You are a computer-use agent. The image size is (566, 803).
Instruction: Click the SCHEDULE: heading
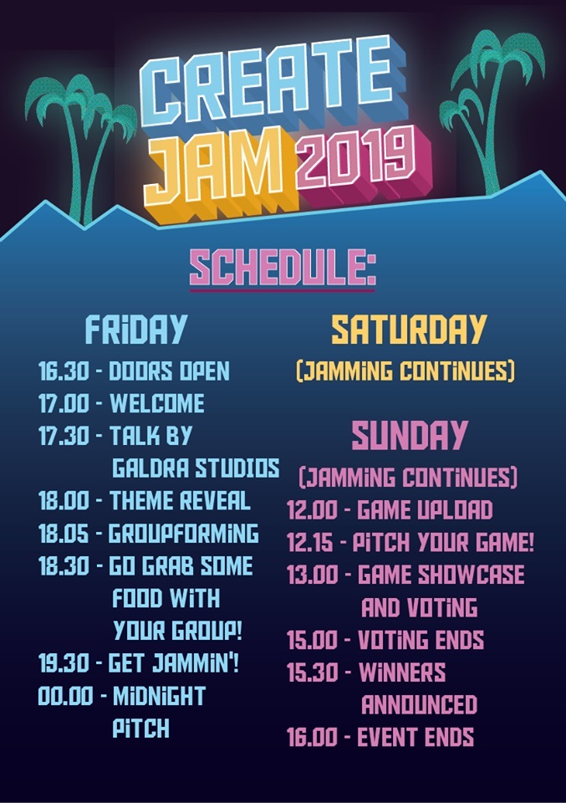[283, 268]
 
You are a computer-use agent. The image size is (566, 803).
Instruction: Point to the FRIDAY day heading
[135, 329]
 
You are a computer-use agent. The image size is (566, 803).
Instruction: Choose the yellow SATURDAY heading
[408, 329]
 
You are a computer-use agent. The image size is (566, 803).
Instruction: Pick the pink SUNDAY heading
[410, 435]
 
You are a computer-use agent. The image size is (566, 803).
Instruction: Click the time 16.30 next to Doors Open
[64, 371]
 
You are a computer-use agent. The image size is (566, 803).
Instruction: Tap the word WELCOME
[157, 403]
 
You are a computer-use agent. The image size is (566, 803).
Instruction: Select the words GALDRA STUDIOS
[196, 468]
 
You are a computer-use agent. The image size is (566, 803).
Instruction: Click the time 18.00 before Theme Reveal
[64, 500]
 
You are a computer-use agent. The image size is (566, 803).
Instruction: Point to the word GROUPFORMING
[184, 533]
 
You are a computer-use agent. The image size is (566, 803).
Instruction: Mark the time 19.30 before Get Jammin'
[64, 663]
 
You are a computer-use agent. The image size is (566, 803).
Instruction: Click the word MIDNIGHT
[159, 696]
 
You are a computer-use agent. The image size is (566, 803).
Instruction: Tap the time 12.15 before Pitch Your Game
[310, 543]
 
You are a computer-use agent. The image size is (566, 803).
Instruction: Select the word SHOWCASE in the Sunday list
[472, 575]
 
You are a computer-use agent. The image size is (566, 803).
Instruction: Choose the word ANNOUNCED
[420, 704]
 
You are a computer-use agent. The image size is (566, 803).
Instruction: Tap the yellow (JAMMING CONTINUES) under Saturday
[405, 371]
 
